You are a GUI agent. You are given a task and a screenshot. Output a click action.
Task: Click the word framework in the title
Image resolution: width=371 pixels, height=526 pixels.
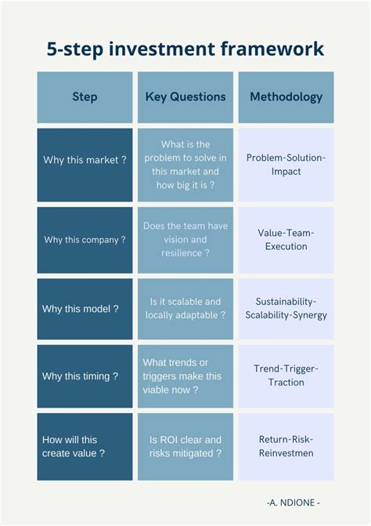(x=272, y=49)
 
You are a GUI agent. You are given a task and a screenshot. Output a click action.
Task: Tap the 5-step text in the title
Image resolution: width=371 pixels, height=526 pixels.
(x=75, y=49)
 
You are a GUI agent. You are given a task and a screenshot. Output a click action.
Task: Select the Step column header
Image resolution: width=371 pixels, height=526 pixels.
(x=85, y=97)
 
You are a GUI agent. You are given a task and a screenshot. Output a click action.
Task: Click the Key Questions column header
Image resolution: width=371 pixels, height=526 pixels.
(x=185, y=97)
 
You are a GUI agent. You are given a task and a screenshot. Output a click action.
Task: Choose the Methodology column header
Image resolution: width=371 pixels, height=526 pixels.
(x=286, y=97)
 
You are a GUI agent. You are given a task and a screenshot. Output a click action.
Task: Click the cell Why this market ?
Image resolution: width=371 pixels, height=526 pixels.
(x=85, y=165)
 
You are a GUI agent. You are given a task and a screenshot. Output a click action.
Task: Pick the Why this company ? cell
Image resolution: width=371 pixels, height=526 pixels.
(x=85, y=240)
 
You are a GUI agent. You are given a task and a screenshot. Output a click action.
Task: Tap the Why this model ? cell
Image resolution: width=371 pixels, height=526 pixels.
(x=85, y=309)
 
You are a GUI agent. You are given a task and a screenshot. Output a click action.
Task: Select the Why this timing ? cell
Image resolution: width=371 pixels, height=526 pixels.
(x=85, y=376)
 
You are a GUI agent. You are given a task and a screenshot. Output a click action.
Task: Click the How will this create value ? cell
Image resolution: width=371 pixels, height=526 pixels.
(x=85, y=447)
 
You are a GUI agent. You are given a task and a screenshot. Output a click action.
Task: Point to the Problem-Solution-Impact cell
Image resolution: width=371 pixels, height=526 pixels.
(x=286, y=165)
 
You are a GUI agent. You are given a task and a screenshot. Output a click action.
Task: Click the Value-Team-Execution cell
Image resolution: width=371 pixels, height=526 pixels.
(x=286, y=240)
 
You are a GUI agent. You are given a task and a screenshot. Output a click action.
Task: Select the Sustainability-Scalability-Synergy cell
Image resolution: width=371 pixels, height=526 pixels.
(x=286, y=309)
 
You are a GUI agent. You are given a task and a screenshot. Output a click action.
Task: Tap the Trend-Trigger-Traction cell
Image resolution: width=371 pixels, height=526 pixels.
(x=286, y=376)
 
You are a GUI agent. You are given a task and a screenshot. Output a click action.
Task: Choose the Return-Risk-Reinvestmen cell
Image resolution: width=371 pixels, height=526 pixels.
(x=286, y=447)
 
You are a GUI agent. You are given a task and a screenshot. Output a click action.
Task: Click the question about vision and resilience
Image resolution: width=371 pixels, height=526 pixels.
(x=185, y=240)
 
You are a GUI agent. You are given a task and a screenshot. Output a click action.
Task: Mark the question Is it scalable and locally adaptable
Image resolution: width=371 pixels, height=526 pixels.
(x=185, y=309)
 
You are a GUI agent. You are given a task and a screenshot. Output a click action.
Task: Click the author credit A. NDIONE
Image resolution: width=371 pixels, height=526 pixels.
(x=294, y=502)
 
